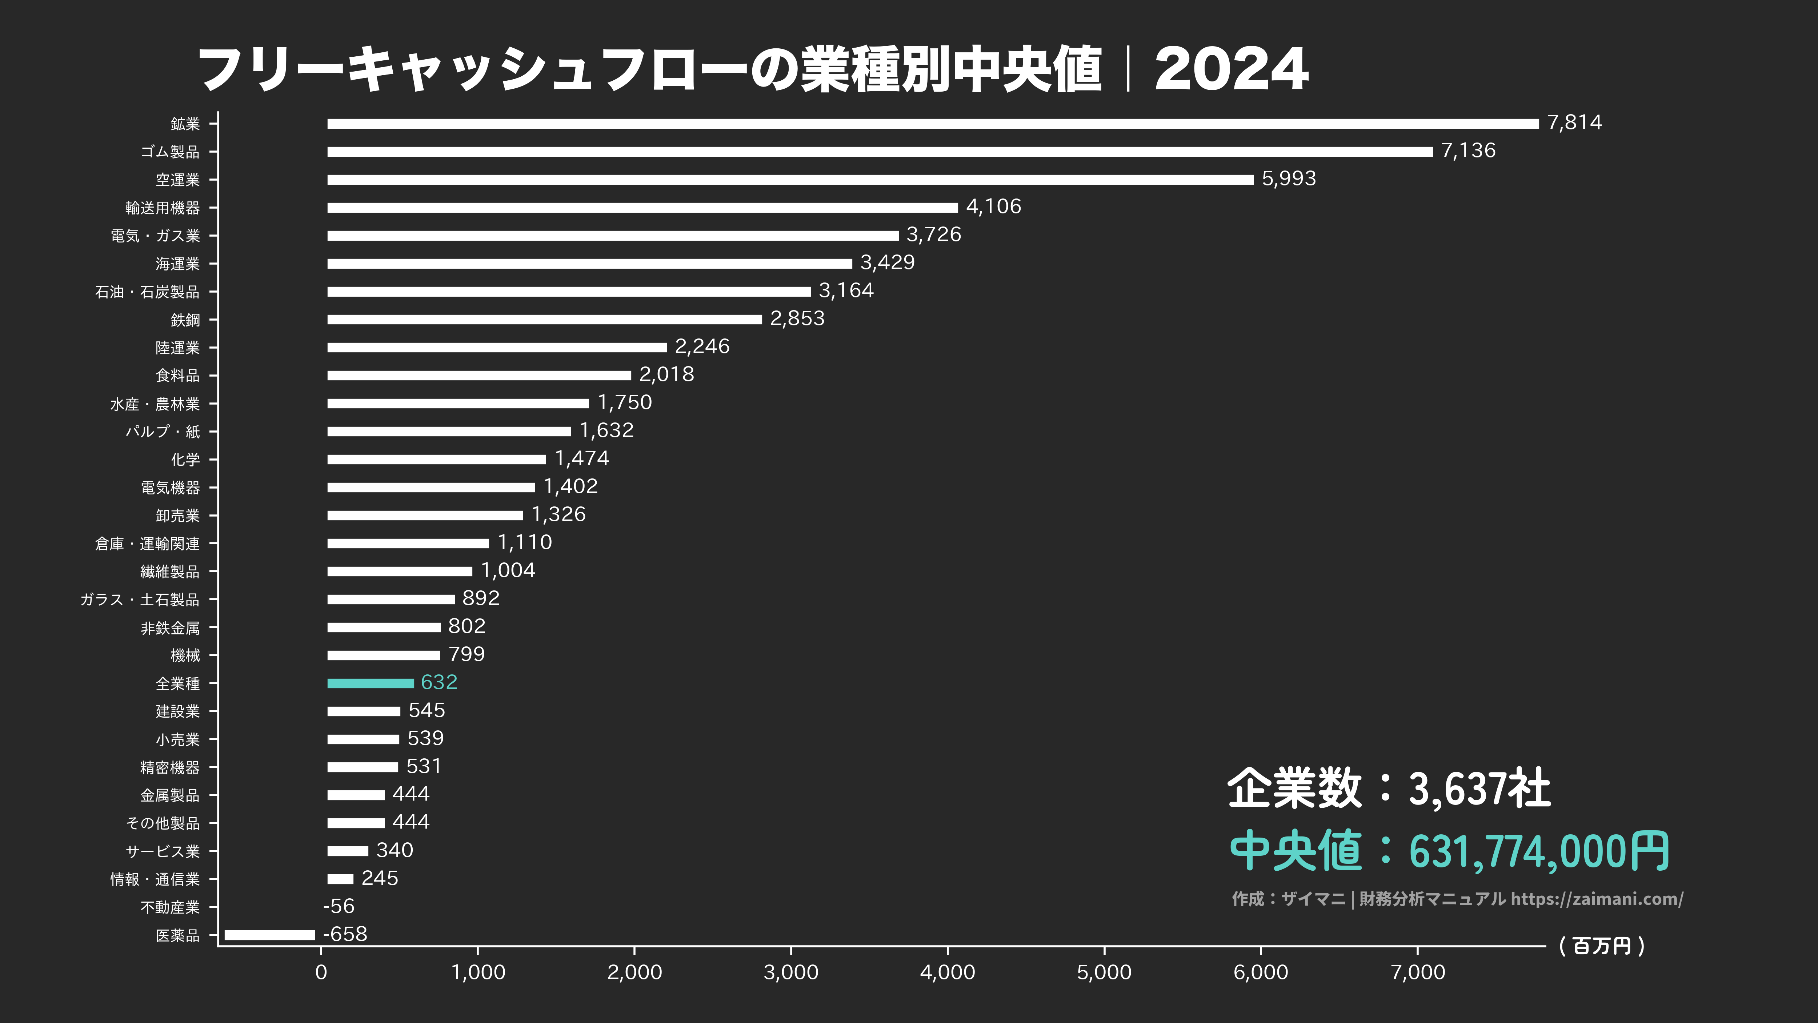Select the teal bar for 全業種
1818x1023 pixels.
371,683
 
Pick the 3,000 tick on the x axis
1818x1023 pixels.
791,972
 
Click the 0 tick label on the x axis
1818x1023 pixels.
321,972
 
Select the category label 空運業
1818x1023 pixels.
178,180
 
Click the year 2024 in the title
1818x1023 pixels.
1232,69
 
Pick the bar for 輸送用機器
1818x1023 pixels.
642,208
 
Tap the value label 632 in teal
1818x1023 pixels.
439,682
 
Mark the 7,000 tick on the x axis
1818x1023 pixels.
1418,972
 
